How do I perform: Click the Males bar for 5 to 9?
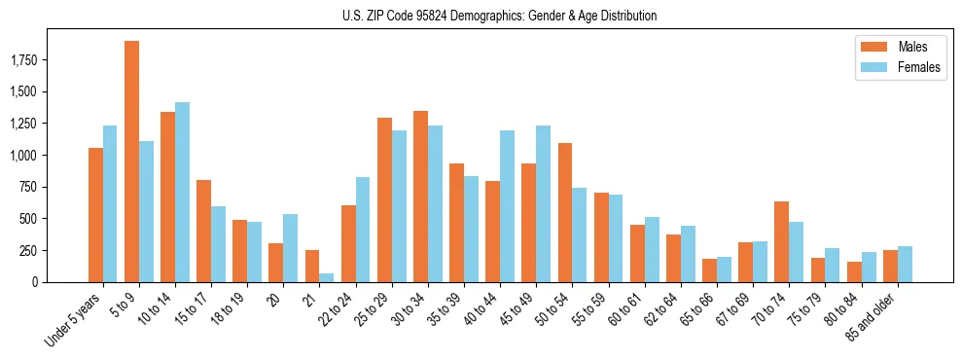tap(131, 162)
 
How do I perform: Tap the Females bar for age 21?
tap(327, 277)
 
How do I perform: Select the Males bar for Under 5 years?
tap(95, 215)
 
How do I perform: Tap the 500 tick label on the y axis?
tap(27, 219)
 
